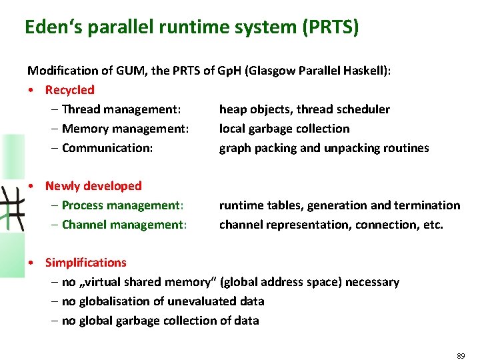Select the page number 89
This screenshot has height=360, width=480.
tap(461, 357)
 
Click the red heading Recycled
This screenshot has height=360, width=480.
tap(69, 89)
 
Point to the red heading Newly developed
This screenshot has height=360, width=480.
tap(93, 186)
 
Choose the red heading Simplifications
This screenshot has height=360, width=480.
tap(85, 263)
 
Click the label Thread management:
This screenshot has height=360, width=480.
tap(121, 109)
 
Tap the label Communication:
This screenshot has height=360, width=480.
tap(107, 147)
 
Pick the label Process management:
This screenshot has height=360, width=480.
tap(122, 205)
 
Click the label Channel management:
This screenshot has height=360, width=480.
tap(124, 225)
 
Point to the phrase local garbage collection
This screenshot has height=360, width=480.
tap(284, 128)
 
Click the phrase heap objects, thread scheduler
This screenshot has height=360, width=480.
tap(304, 109)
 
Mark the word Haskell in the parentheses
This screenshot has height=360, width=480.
tap(361, 70)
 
